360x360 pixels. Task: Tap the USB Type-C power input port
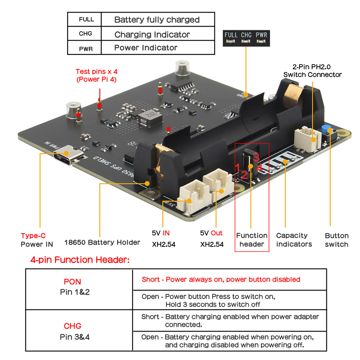pos(66,154)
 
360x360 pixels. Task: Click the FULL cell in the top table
pos(86,19)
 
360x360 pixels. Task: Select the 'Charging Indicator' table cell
pos(152,34)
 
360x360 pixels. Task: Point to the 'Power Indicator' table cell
pos(146,48)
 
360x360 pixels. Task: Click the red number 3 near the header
pos(256,157)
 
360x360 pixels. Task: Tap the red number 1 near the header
pos(238,167)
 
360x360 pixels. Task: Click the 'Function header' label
pos(252,240)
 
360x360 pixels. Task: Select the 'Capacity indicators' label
pos(294,240)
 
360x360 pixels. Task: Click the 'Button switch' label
pos(336,240)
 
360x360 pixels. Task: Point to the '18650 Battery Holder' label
pos(102,242)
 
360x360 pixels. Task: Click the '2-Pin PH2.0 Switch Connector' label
pos(312,70)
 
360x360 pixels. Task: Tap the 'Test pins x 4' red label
pos(97,75)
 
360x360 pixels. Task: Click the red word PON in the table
pos(72,282)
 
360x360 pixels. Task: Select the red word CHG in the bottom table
pos(72,326)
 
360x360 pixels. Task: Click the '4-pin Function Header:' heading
pos(79,260)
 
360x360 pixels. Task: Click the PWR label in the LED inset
pos(261,35)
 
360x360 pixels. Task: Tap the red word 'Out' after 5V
pos(217,233)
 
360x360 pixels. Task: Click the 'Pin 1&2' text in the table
pos(75,292)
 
